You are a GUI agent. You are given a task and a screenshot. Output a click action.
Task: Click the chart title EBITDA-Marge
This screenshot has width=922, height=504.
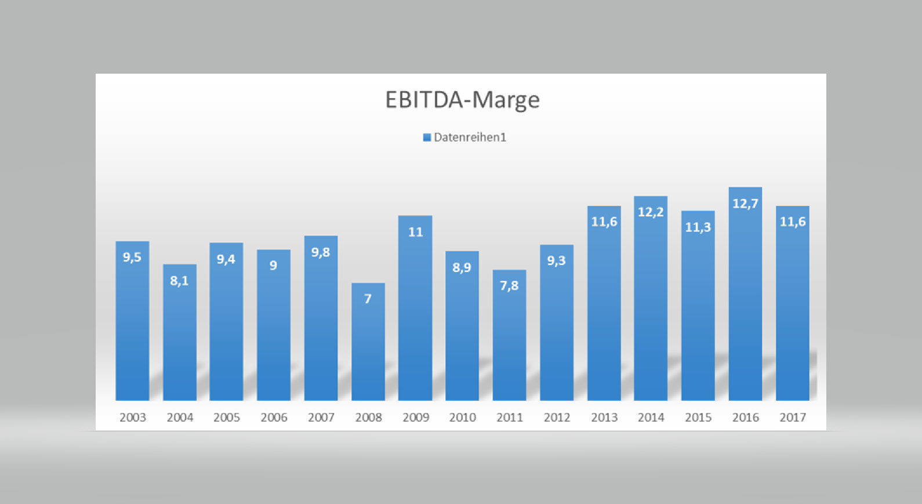462,100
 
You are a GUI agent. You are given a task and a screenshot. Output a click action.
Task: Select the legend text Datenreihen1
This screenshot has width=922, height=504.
470,137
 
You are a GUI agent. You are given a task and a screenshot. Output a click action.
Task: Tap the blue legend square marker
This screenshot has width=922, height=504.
427,137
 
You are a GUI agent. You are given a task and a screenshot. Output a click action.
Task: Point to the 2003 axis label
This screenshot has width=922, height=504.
133,418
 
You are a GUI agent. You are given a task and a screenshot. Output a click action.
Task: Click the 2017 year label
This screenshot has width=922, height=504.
793,418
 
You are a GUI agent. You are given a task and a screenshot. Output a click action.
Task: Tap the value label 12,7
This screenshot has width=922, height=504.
745,204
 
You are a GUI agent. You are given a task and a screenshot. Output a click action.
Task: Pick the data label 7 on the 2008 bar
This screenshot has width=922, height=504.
368,299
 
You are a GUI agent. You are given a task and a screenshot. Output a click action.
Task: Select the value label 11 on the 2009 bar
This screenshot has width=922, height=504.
415,232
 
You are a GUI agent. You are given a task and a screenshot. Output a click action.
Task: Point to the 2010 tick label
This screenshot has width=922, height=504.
462,418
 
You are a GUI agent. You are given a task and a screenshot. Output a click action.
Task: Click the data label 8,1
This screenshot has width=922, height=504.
179,281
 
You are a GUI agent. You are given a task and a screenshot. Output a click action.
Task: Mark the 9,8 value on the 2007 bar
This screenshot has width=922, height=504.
321,252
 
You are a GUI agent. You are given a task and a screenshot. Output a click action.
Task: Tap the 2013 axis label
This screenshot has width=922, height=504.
604,418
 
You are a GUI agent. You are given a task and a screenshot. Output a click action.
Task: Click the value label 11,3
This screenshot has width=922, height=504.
698,227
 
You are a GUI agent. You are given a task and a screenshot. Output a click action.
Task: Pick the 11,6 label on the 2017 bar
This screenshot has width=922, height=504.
793,222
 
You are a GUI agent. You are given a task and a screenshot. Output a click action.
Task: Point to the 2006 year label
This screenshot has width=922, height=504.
274,418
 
